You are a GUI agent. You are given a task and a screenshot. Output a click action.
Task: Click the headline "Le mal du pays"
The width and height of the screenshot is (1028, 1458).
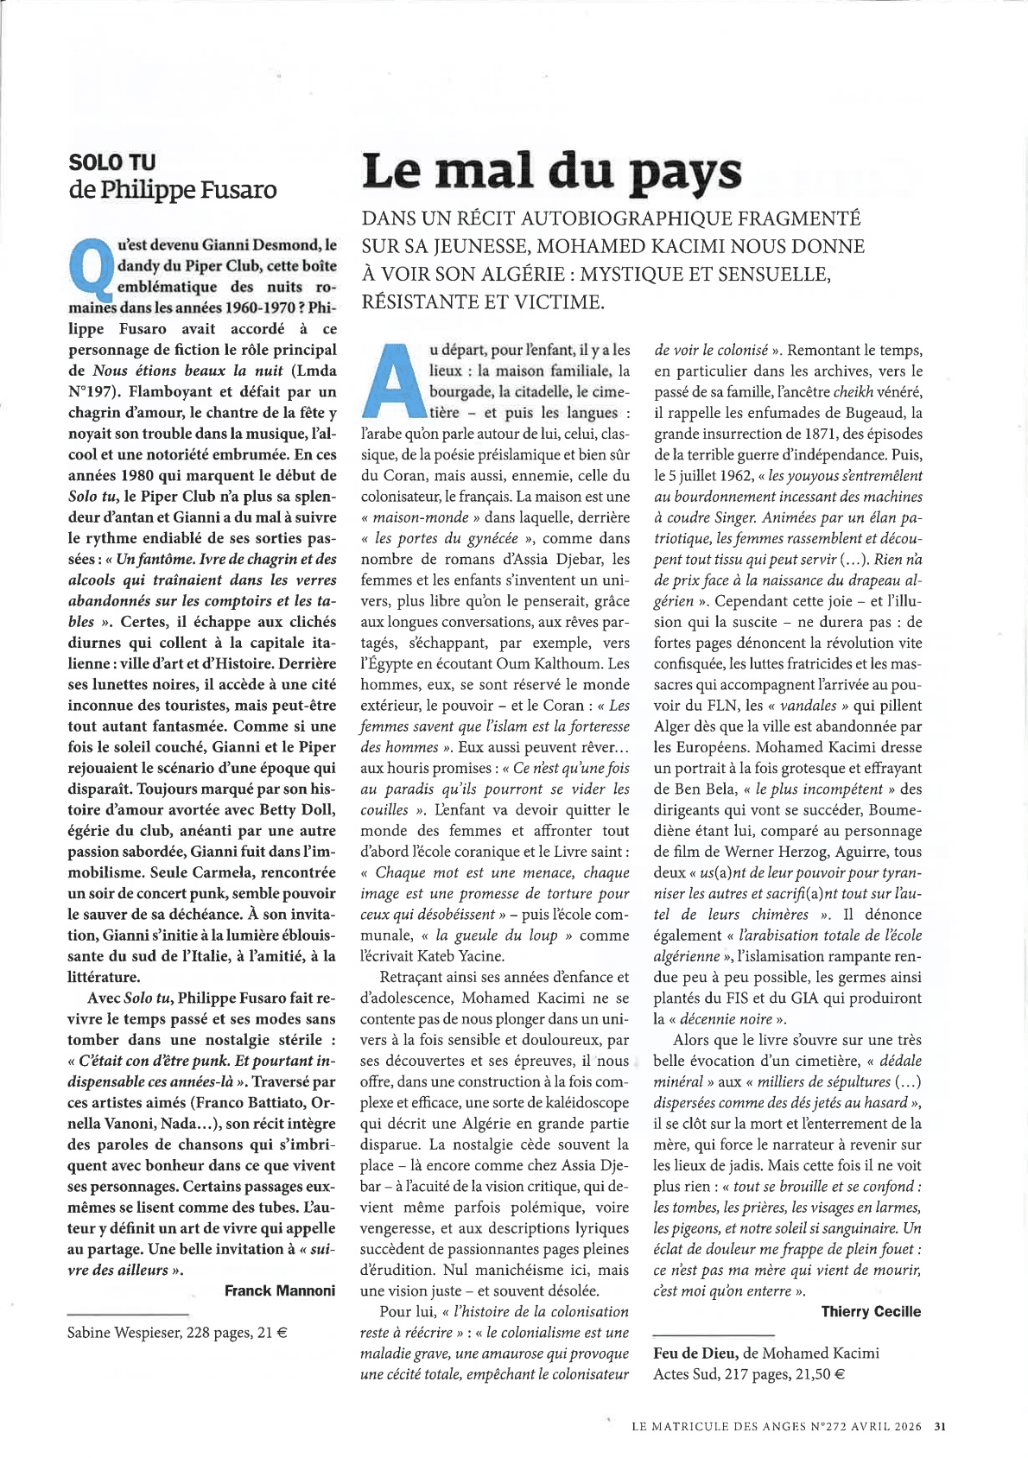551,171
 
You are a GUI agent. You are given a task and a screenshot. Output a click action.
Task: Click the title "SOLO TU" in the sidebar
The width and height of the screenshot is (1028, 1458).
112,162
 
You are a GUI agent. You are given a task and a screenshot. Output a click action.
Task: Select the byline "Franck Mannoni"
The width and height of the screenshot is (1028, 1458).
279,1290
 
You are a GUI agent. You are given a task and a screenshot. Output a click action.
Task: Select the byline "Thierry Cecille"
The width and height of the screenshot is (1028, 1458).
871,1311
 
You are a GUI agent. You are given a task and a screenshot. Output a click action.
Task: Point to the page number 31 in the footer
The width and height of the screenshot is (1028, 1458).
941,1426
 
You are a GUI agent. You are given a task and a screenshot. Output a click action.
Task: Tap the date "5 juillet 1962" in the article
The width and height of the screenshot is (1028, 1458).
708,476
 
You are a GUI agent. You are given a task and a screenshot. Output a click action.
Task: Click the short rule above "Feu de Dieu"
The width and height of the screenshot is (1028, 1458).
714,1335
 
